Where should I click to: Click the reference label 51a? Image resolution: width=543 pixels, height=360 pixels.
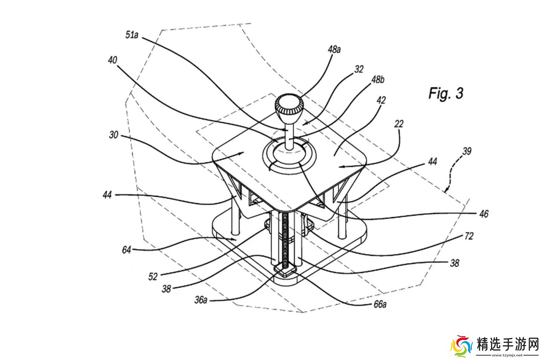coord(132,35)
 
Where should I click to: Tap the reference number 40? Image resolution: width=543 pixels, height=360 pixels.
coord(112,60)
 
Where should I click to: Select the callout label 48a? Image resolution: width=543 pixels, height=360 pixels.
coord(334,49)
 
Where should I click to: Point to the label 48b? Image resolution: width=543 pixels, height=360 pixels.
coord(378,80)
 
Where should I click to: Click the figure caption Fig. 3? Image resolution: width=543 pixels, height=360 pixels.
coord(446,93)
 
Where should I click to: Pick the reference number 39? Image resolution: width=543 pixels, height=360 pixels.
coord(467,151)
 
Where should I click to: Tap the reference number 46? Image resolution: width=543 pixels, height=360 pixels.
coord(484,214)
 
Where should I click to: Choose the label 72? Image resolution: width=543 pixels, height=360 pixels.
coord(469,236)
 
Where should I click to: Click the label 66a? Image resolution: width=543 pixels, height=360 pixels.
coord(380,304)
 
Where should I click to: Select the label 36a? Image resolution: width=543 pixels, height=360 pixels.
coord(201,300)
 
